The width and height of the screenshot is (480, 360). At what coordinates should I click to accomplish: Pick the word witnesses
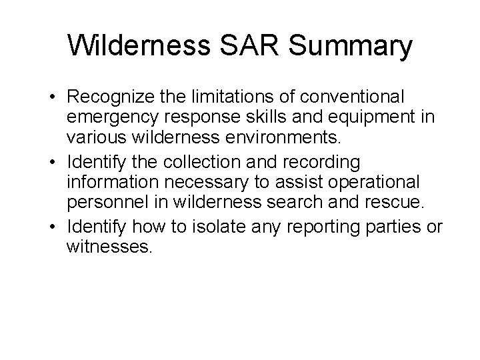[x=110, y=248]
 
